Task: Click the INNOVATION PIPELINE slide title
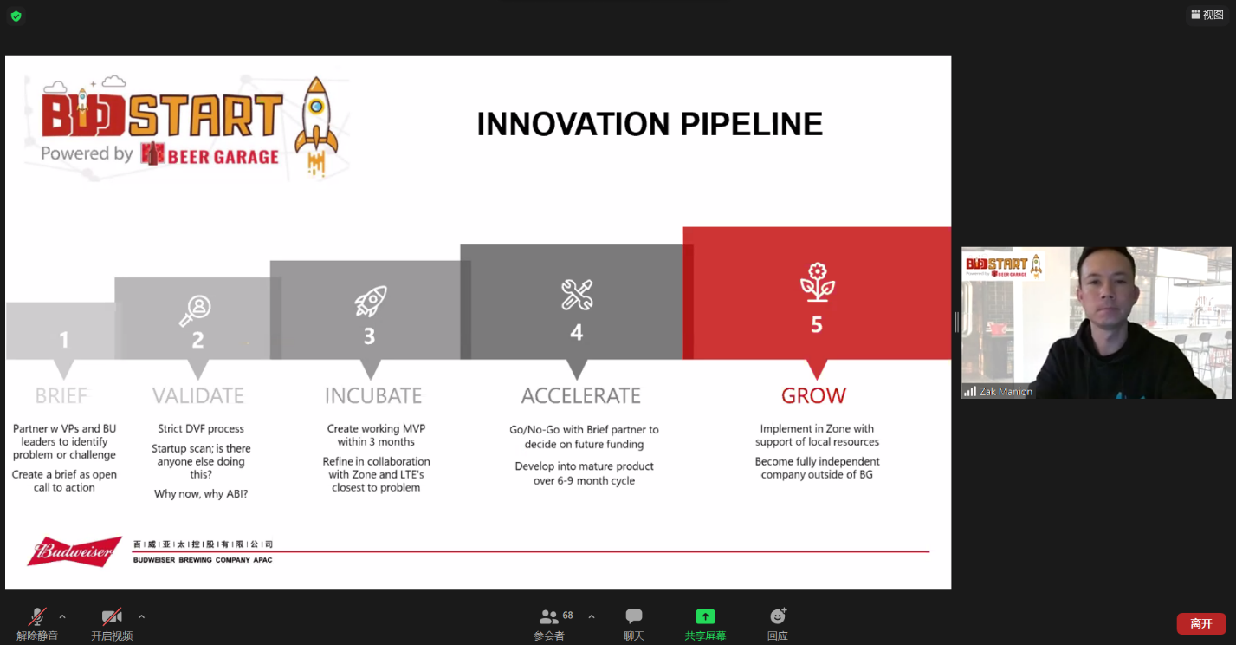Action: [x=650, y=124]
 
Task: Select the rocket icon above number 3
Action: [x=371, y=301]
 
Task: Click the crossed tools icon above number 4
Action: [x=577, y=295]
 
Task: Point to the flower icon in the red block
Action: [x=817, y=283]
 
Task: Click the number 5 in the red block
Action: [x=817, y=324]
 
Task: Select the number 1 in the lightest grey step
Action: [x=65, y=340]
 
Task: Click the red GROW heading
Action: [x=813, y=395]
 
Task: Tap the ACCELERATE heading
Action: [x=581, y=395]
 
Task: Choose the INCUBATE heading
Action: [x=373, y=395]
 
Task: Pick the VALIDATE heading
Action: [x=198, y=395]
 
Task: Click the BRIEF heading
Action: [x=61, y=395]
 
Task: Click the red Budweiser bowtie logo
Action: [x=74, y=551]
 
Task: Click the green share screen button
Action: [x=705, y=616]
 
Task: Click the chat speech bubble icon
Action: [x=634, y=616]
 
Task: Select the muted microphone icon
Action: [x=37, y=616]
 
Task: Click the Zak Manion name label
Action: [x=1006, y=392]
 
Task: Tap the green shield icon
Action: [x=16, y=16]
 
